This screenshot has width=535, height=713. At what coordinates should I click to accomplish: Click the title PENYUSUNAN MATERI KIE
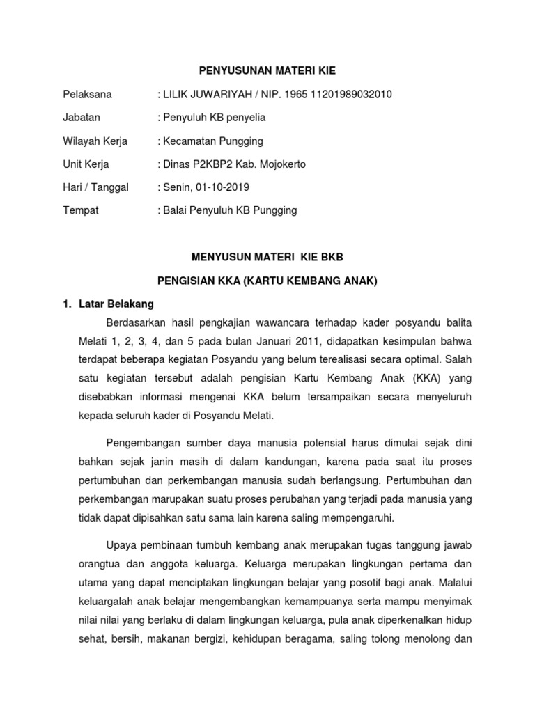(x=267, y=70)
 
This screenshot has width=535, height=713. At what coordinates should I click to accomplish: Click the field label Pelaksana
(x=88, y=94)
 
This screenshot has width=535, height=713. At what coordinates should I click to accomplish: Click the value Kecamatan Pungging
(x=213, y=141)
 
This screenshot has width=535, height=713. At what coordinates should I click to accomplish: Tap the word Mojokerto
(x=282, y=165)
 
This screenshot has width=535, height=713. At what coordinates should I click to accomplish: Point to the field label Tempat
(x=81, y=210)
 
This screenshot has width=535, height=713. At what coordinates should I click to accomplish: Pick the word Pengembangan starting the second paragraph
(x=142, y=443)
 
